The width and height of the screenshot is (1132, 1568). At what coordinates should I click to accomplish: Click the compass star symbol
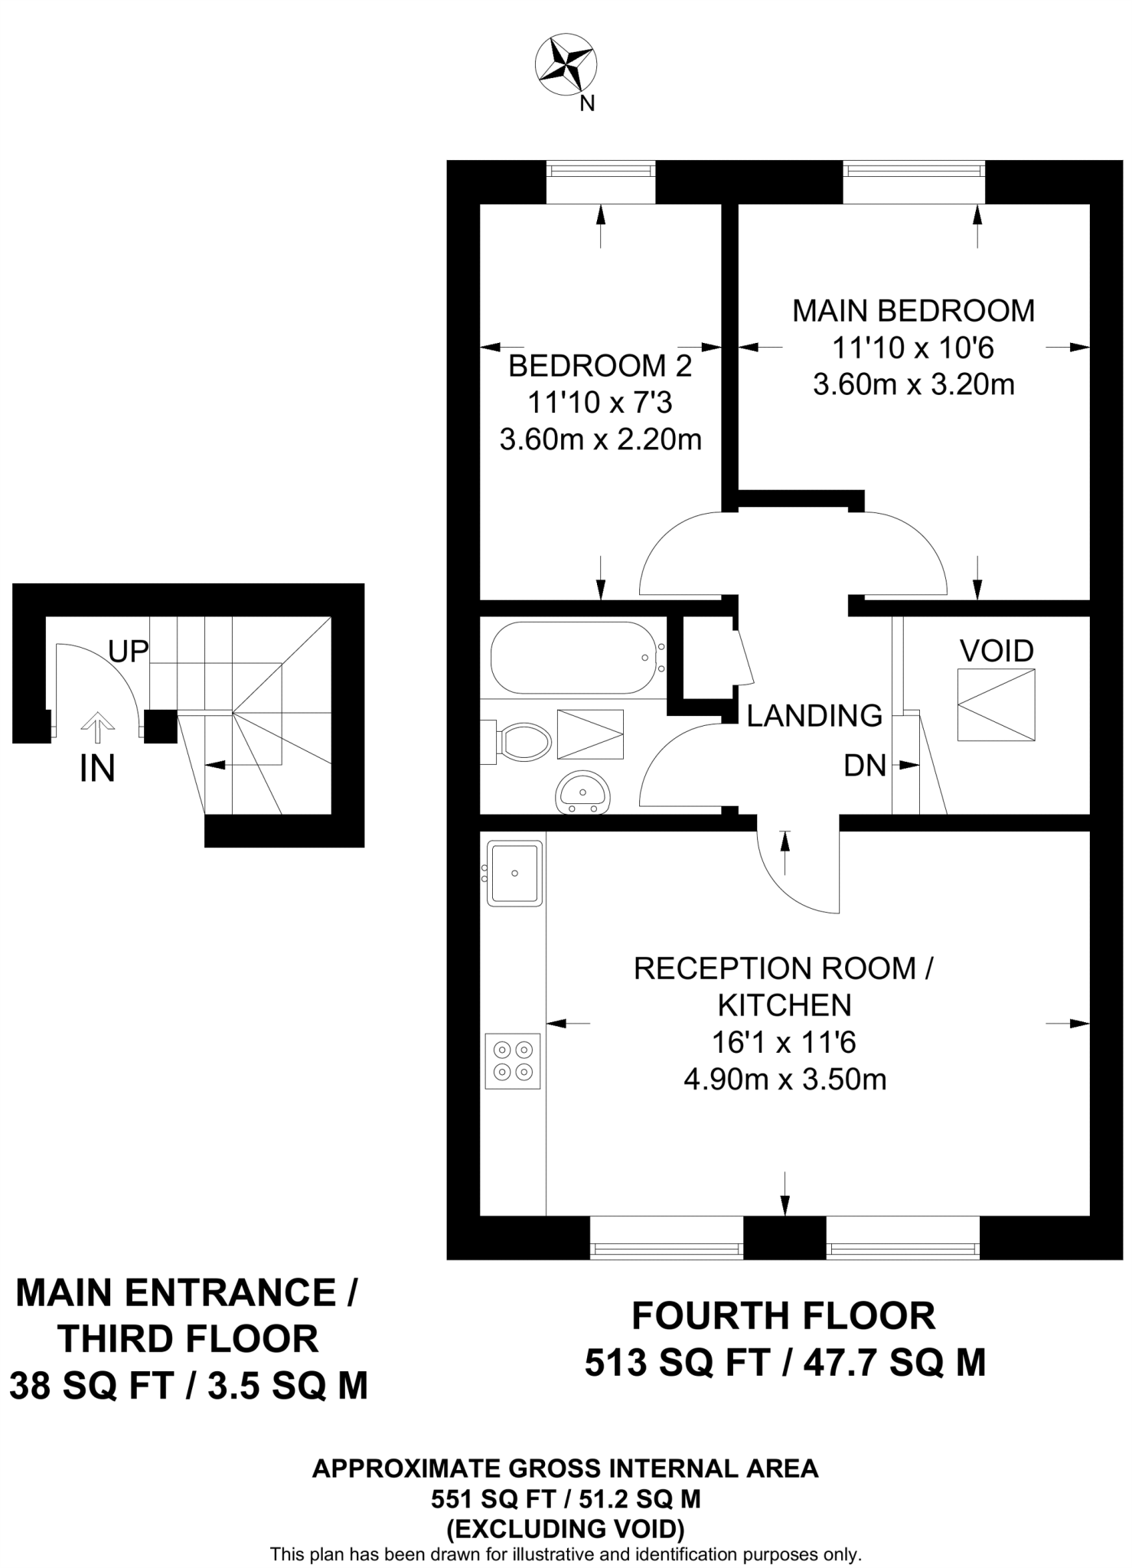(566, 66)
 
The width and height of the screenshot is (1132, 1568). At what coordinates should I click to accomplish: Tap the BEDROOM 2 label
(600, 366)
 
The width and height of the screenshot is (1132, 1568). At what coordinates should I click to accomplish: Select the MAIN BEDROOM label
(913, 311)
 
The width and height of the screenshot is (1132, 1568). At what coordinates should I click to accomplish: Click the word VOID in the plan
(997, 651)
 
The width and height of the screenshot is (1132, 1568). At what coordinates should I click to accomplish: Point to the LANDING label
(814, 716)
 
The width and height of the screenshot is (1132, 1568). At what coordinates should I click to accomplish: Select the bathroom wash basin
(582, 791)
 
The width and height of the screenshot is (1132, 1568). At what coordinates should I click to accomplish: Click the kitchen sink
(515, 873)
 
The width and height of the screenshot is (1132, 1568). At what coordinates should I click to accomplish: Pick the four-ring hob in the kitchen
(513, 1061)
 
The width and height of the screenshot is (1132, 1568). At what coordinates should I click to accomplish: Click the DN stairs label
(865, 766)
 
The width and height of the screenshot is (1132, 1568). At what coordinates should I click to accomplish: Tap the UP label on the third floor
(128, 652)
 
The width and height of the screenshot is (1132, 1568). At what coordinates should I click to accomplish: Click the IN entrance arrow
(97, 728)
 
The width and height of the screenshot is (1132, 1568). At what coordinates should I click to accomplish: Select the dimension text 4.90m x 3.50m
(785, 1080)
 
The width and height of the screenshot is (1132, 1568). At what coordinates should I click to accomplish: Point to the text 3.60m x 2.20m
(600, 440)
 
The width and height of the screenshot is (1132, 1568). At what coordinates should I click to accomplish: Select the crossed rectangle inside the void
(996, 704)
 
